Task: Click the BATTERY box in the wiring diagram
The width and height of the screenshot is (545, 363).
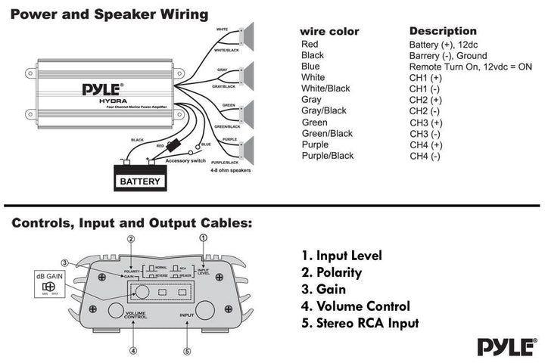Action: (140, 181)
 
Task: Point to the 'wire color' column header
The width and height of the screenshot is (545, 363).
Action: (329, 32)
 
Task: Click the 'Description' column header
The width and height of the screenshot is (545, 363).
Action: (444, 31)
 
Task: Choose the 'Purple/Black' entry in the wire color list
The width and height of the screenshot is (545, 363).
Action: (328, 156)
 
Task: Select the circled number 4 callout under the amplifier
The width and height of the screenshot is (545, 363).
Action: (133, 350)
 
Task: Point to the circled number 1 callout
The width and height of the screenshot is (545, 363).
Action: (203, 237)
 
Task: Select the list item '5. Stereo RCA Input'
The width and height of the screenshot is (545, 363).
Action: (360, 323)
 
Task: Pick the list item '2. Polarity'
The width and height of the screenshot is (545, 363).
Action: (332, 272)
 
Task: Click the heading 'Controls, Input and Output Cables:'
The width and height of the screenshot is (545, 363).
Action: (132, 223)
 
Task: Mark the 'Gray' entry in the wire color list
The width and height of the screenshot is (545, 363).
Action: (311, 100)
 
